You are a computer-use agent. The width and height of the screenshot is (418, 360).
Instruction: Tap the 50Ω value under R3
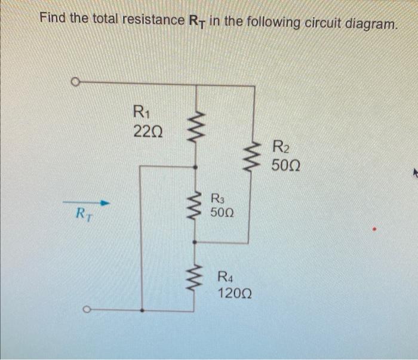[222, 212]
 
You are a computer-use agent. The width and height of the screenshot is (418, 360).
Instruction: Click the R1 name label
[142, 111]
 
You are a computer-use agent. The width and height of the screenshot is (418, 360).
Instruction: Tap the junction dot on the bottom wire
[141, 310]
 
